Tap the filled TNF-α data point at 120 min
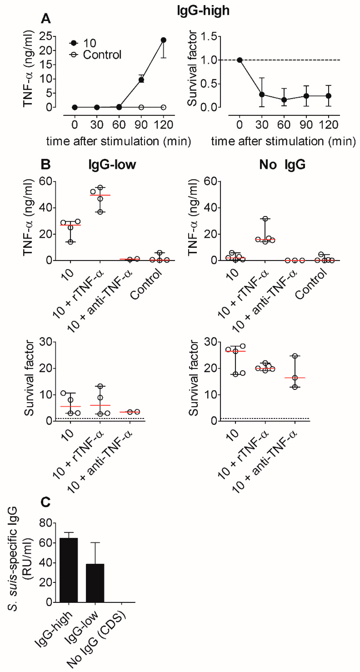click(163, 40)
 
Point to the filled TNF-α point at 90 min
click(141, 80)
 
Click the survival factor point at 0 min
click(240, 60)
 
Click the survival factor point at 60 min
click(284, 100)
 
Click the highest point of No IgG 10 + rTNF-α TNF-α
click(265, 219)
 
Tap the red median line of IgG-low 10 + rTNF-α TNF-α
click(100, 195)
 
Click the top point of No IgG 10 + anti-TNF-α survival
click(295, 356)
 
